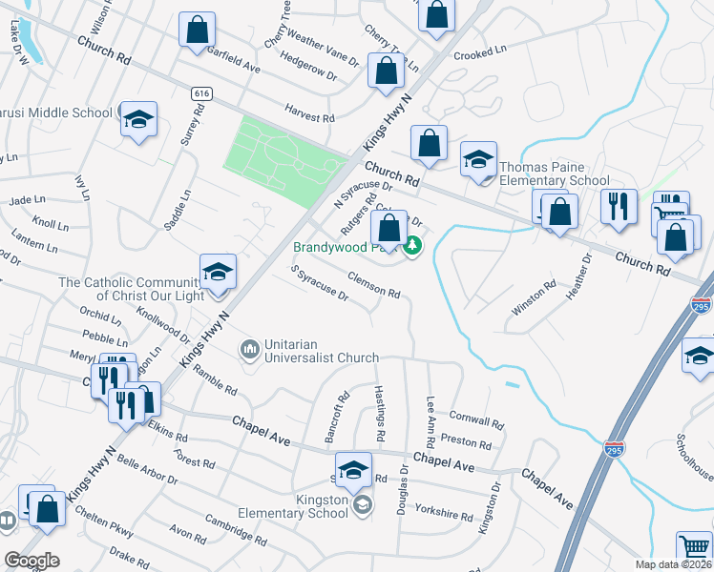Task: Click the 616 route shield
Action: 200,93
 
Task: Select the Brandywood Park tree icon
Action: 412,247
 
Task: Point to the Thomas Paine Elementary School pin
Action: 478,160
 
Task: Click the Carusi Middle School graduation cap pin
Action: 139,119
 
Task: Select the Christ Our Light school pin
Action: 218,272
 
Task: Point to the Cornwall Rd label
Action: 475,419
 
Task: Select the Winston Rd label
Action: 534,297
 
